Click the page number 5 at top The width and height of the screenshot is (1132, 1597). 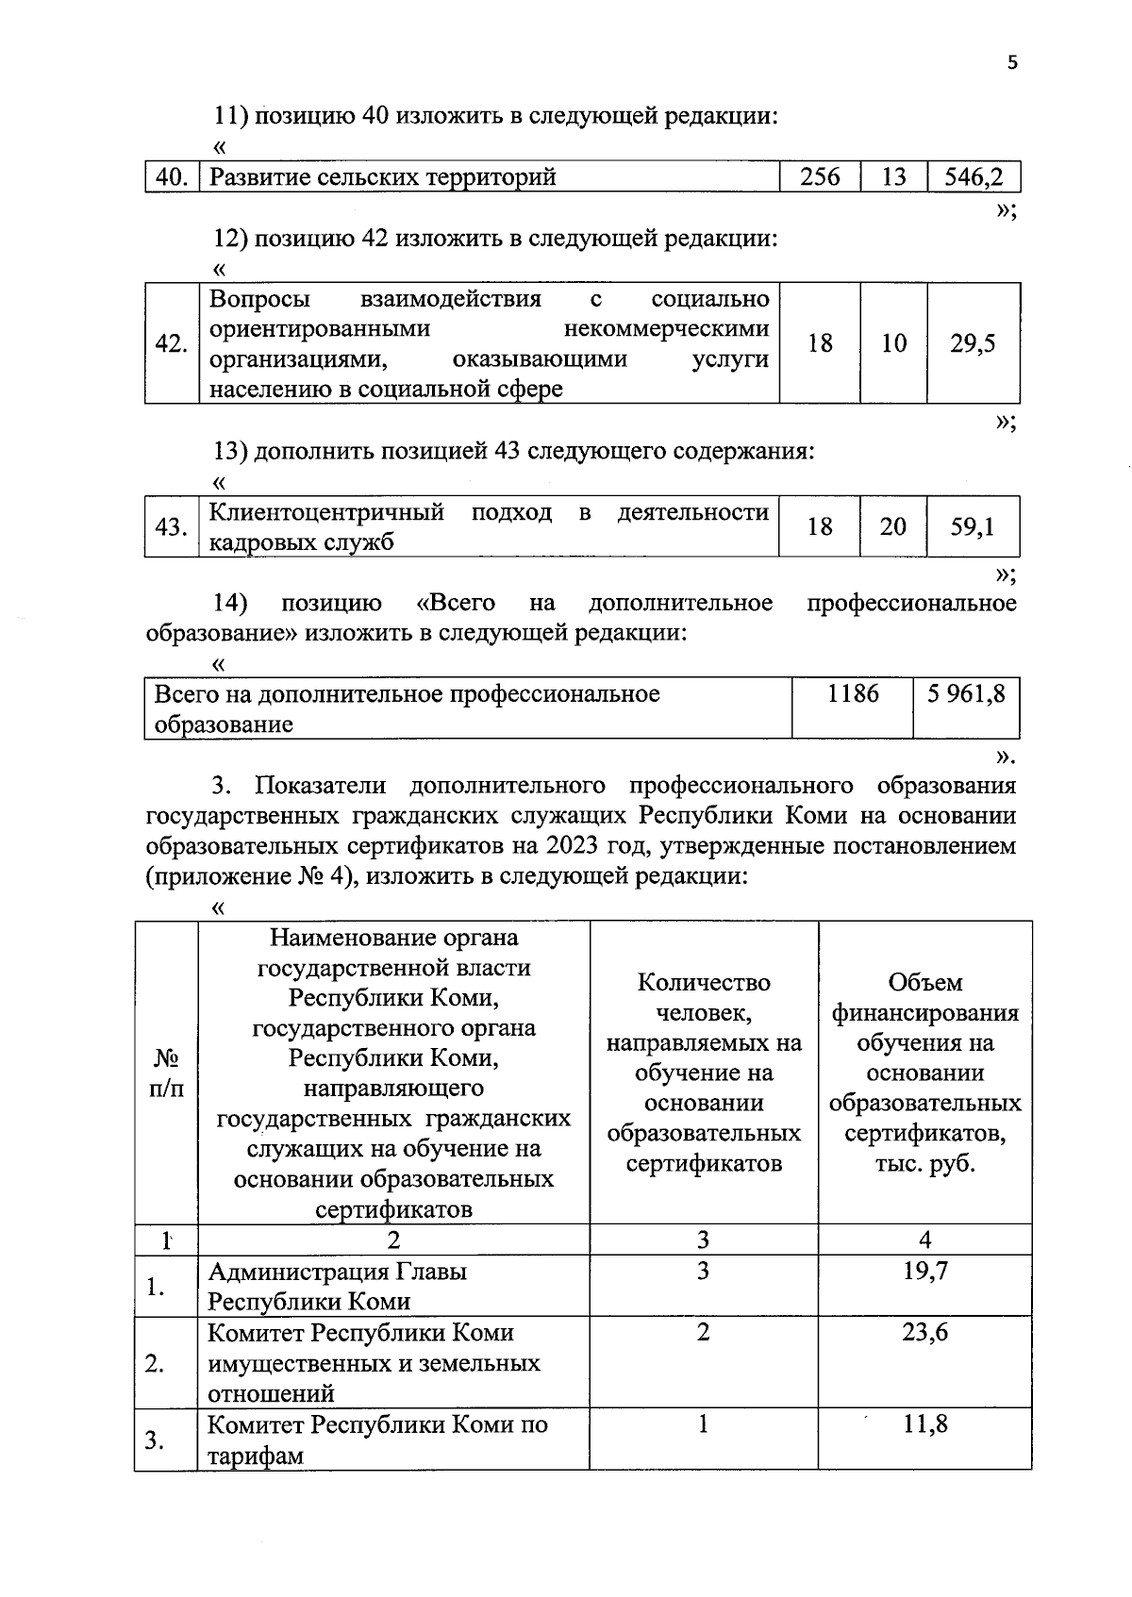tap(1012, 63)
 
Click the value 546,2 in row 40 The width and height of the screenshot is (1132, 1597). tap(974, 176)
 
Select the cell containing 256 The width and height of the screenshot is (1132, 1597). tap(820, 176)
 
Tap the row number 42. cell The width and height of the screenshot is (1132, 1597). tap(171, 343)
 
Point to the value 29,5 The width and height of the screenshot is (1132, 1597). tap(973, 343)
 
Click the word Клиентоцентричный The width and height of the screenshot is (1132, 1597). tap(326, 512)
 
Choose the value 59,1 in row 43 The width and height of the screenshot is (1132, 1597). tap(973, 526)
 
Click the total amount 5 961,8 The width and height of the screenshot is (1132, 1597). tap(965, 694)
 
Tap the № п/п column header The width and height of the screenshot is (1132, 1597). tap(166, 1073)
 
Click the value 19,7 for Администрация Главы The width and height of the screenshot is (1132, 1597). tap(924, 1271)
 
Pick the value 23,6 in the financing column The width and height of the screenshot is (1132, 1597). tap(924, 1332)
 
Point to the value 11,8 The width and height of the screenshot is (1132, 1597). tap(924, 1423)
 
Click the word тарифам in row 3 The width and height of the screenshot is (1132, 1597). tap(256, 1455)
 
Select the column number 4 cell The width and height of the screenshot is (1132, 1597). tap(924, 1239)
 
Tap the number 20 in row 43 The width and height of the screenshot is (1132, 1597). tap(892, 526)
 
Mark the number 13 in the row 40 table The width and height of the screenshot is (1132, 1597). tap(892, 176)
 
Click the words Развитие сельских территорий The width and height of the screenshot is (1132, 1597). tap(382, 176)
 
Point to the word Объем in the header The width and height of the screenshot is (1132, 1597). tap(924, 983)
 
